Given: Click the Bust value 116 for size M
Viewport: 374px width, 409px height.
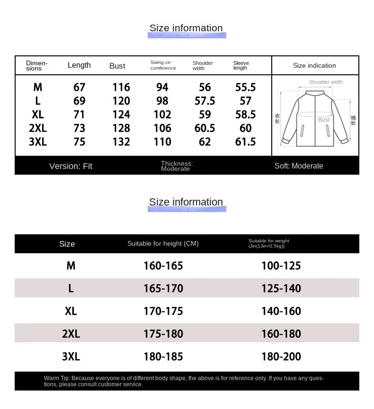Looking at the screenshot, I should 121,87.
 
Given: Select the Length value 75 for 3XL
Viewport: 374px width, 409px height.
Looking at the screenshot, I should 80,142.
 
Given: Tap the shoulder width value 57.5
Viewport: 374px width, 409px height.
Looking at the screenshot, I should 205,101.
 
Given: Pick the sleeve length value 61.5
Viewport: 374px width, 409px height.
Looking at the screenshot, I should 245,142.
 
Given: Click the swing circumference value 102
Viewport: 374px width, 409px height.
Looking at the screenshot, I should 162,115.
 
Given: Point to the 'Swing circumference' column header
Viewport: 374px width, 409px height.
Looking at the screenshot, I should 163,65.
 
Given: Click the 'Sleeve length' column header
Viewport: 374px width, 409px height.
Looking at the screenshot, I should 241,65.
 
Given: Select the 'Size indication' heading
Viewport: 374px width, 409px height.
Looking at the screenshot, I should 314,65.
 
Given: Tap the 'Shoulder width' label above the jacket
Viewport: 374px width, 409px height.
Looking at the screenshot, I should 326,82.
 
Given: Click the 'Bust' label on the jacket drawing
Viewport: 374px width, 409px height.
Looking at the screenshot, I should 324,120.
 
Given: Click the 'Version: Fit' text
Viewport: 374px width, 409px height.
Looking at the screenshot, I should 71,166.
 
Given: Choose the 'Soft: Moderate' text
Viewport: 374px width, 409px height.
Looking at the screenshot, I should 299,166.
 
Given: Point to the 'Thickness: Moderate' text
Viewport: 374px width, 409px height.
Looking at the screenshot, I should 177,166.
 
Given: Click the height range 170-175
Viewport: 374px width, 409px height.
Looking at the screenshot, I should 163,311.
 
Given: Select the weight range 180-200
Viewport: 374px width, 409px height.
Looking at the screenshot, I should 281,356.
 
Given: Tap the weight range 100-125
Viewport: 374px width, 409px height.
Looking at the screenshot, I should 281,266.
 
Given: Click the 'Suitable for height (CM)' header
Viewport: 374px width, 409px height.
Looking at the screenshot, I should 163,243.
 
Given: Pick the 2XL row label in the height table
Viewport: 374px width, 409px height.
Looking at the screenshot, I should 71,334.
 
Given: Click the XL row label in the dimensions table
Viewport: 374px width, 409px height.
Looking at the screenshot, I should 38,115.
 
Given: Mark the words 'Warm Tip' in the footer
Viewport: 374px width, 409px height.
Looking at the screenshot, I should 56,378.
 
